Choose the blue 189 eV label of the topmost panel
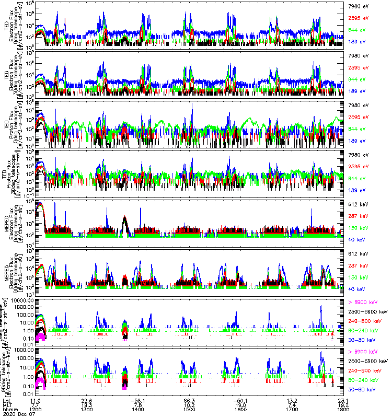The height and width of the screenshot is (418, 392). (356, 41)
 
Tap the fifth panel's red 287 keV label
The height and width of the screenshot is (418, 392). (357, 216)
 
